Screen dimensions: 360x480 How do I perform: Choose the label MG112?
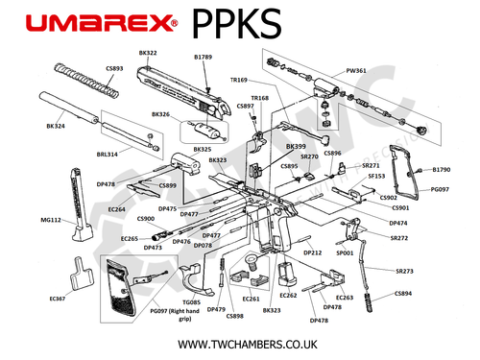(x=51, y=220)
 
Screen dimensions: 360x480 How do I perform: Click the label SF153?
(x=376, y=176)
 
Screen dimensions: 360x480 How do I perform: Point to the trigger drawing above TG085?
(x=202, y=279)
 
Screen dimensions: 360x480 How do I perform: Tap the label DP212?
(x=313, y=252)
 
